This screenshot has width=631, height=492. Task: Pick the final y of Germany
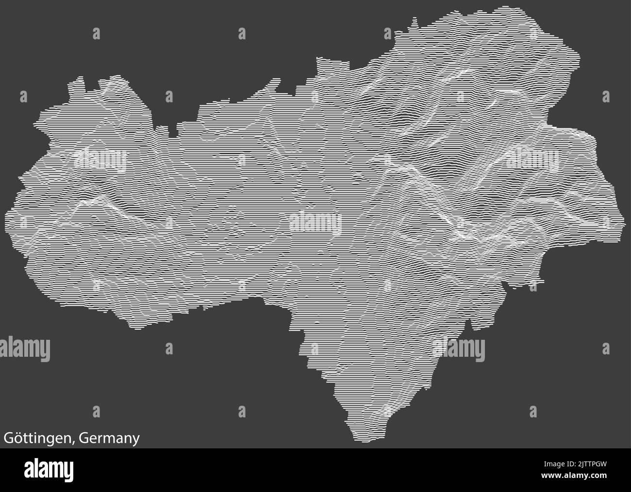coord(136,440)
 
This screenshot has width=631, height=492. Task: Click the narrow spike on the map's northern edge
coord(414,21)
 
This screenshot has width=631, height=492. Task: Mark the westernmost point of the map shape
coord(6,213)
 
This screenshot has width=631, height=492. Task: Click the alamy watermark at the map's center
coord(315,223)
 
